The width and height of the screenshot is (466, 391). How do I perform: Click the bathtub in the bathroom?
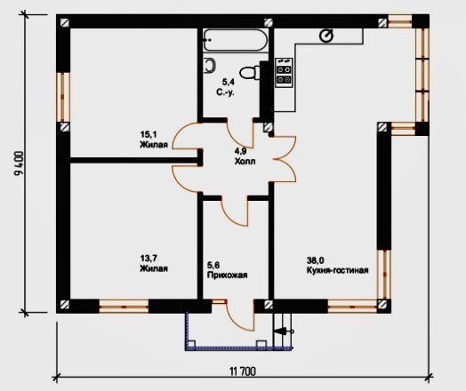point(236,40)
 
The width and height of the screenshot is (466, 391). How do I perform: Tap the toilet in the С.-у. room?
point(250,73)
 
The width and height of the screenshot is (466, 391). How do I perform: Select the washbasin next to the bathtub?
point(211,66)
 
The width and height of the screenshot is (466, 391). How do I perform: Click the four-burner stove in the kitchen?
point(284,73)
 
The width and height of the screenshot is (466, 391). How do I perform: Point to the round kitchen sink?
point(326,36)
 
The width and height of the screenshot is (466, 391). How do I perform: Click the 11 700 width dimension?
point(243,371)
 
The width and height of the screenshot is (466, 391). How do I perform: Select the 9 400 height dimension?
point(19,164)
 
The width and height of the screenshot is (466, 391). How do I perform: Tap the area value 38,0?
point(316,260)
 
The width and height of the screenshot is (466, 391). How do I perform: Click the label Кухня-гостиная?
point(338,270)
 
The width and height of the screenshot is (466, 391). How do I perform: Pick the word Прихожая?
point(227,275)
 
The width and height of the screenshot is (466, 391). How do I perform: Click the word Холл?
point(245,162)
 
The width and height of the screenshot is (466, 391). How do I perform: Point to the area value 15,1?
point(149,134)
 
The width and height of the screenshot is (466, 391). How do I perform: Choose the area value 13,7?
point(149,259)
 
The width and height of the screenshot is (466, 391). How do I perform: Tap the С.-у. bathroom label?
point(225,92)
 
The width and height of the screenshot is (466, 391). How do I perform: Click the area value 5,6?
point(213,265)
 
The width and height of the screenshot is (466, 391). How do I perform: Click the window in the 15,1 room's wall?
point(63,97)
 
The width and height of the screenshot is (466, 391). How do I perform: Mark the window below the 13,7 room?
point(124,307)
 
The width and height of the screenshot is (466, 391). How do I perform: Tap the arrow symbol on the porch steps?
point(283,331)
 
